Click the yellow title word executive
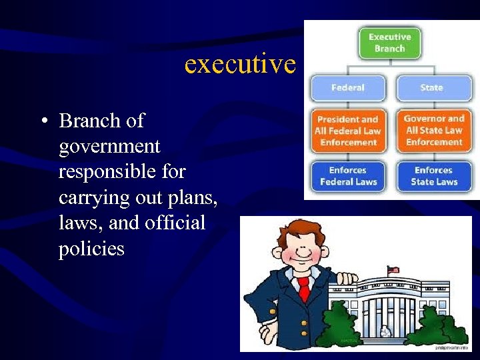[x=239, y=64]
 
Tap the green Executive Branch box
[x=389, y=43]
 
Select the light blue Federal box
[x=347, y=88]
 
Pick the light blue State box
[x=431, y=88]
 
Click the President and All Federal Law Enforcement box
[x=347, y=131]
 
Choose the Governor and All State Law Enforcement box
[x=434, y=130]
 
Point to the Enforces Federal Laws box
[x=347, y=176]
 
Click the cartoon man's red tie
[x=304, y=289]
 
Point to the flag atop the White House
[x=393, y=270]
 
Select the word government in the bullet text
[x=109, y=147]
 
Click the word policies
[x=91, y=249]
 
